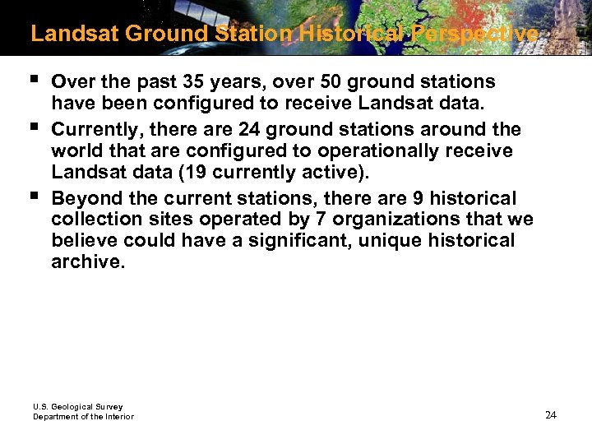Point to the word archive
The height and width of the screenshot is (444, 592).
point(86,262)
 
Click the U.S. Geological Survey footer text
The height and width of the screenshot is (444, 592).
point(77,407)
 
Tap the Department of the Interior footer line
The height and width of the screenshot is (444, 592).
point(83,417)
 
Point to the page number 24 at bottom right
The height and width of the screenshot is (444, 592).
point(550,414)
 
